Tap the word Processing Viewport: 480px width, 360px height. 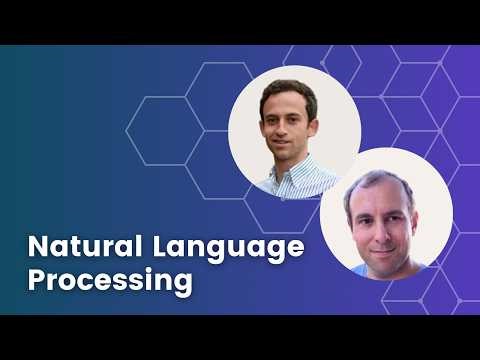pyautogui.click(x=109, y=281)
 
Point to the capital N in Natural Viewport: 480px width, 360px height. pyautogui.click(x=37, y=246)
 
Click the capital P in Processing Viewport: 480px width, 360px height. pyautogui.click(x=37, y=279)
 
